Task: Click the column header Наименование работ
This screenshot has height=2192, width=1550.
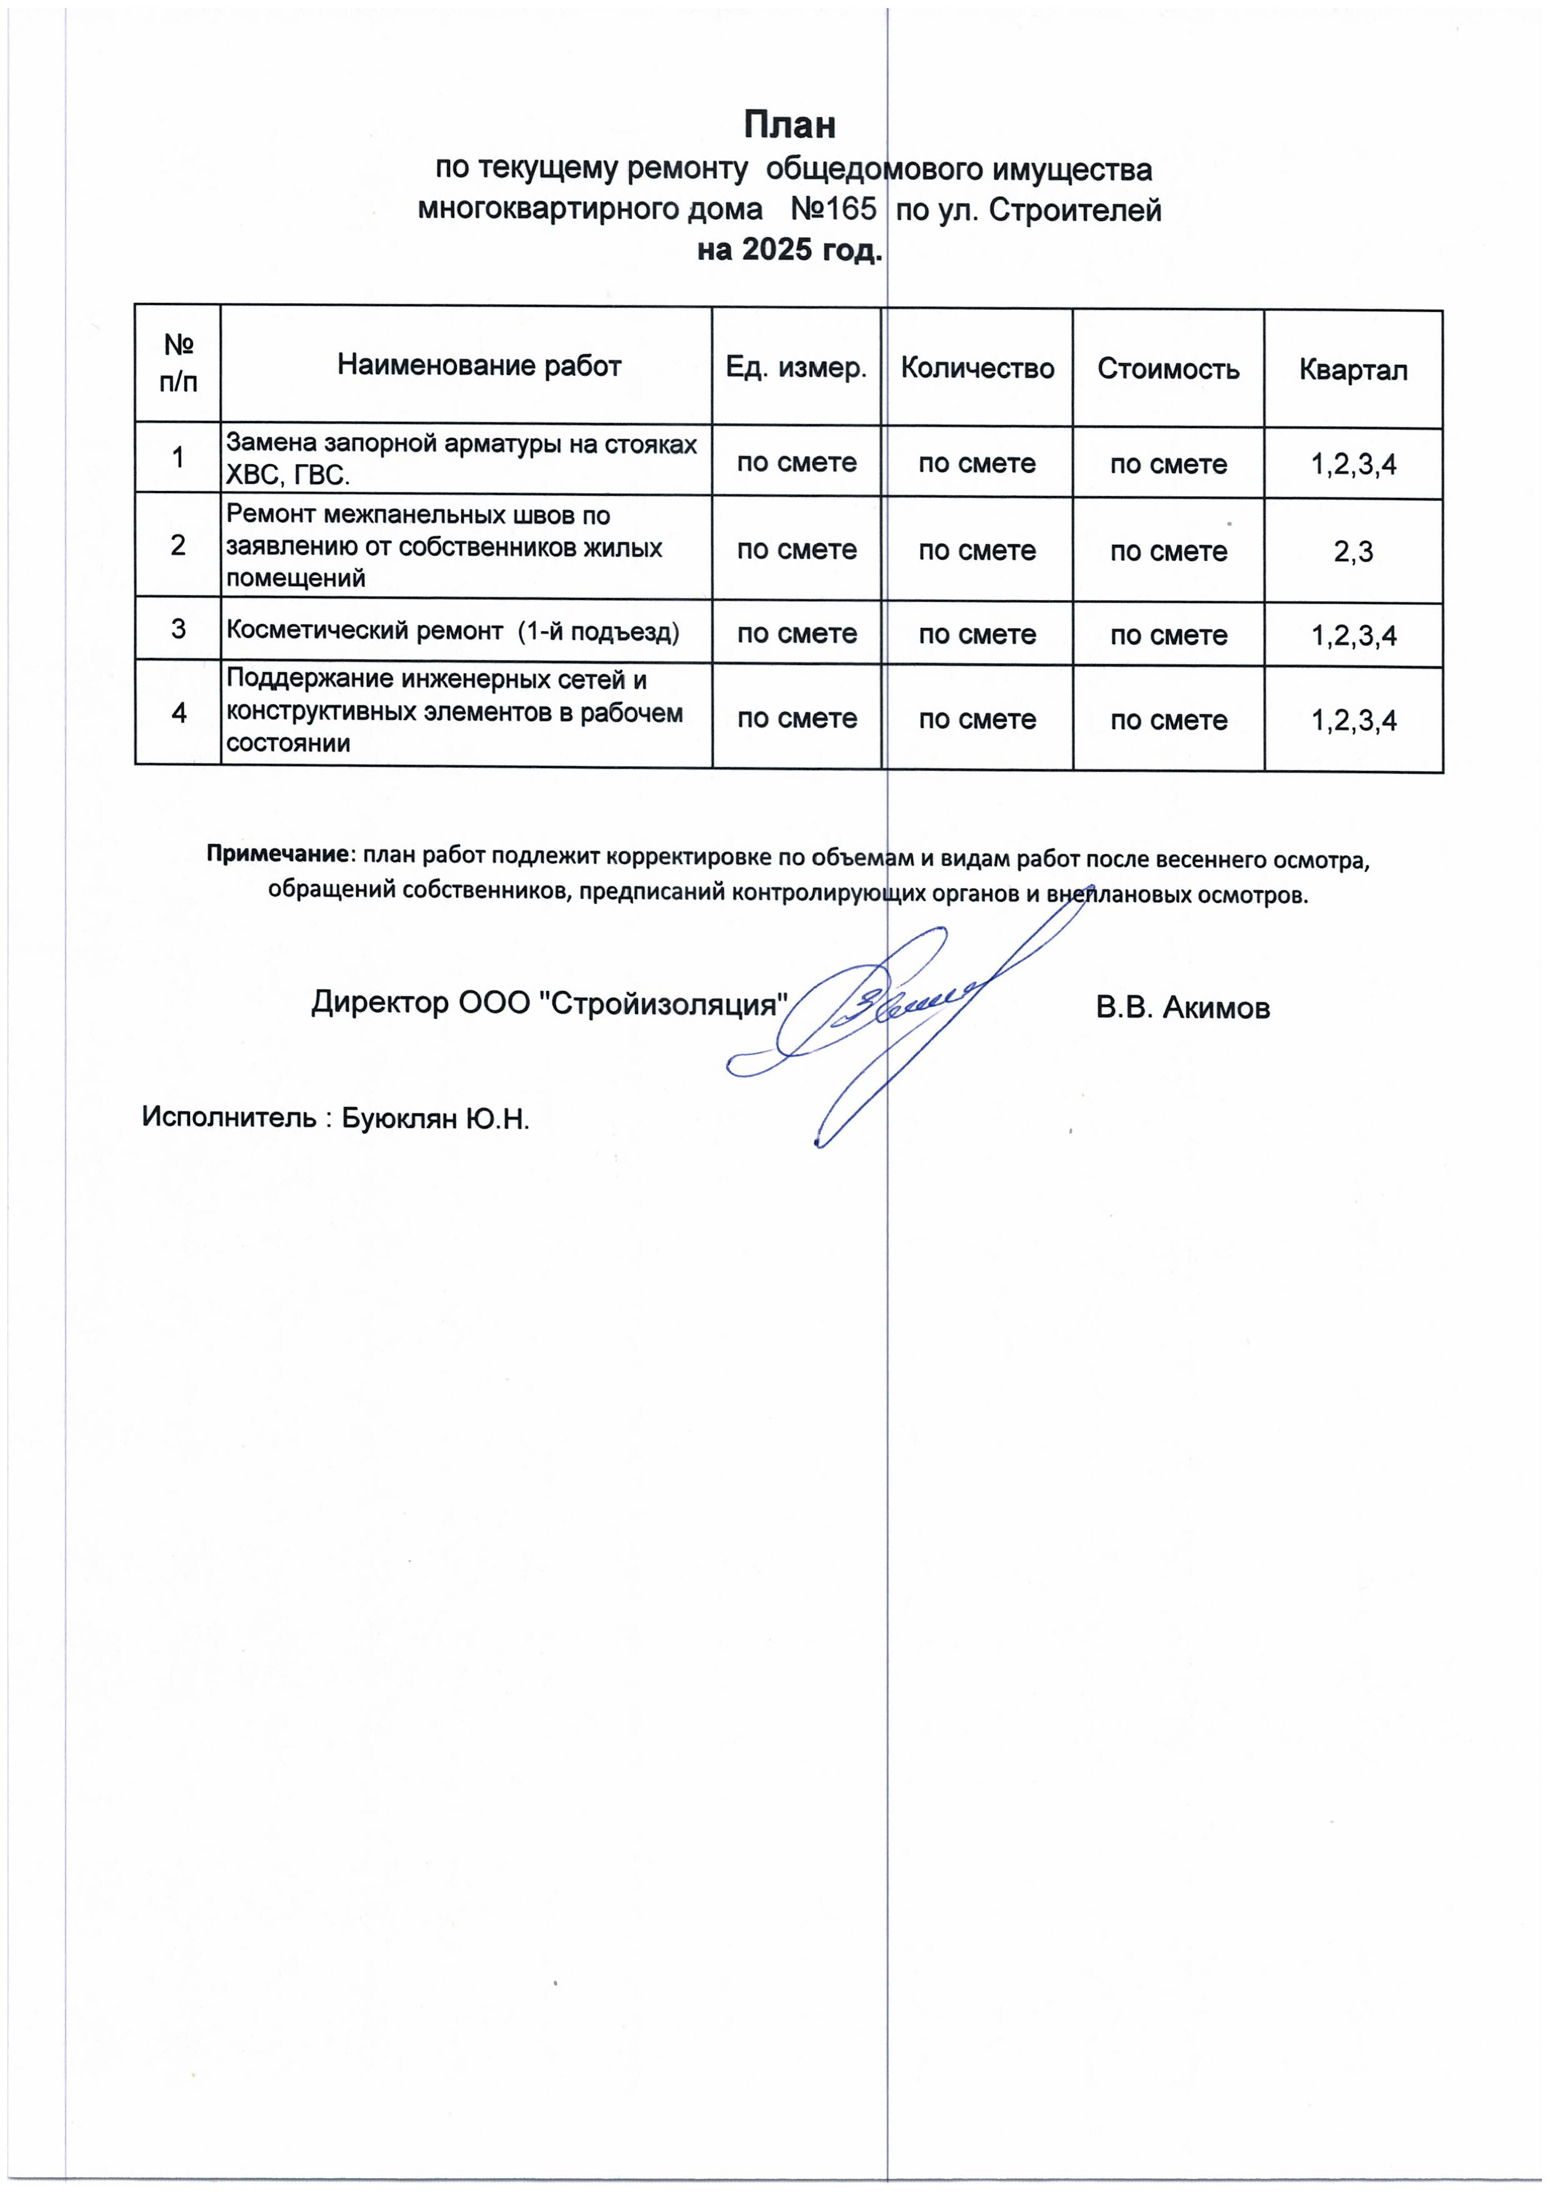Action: click(479, 366)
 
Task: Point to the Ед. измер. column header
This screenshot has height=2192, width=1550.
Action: click(796, 367)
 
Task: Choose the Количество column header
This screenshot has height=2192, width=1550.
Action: click(976, 369)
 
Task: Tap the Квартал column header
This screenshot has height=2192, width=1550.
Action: click(1352, 371)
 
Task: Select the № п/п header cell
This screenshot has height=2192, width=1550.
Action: click(179, 364)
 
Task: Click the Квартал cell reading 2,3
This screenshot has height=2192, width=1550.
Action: click(1352, 552)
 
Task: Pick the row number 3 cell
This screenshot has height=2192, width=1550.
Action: click(179, 629)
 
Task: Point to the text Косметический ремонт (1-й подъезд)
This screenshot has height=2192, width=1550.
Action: click(452, 631)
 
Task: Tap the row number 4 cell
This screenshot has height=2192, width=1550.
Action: click(179, 713)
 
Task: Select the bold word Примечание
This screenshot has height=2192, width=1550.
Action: click(277, 854)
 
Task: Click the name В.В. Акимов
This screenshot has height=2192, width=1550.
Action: click(1182, 1008)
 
